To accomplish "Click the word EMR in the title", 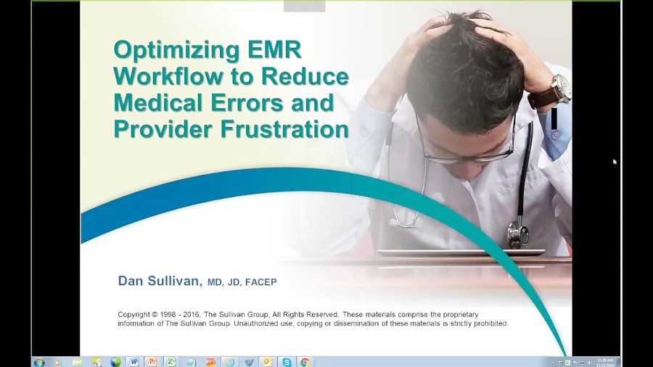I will point(274,50).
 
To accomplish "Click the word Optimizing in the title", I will point(176,51).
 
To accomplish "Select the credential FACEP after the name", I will point(260,282).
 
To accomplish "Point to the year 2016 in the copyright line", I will point(192,315).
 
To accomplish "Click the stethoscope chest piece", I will point(517,234).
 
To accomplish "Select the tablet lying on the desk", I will point(461,253).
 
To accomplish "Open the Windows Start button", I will point(39,362).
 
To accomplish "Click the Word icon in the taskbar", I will point(134,362).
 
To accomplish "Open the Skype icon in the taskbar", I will point(287,362).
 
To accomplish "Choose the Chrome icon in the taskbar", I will point(305,362).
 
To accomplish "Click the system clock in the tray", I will point(605,362).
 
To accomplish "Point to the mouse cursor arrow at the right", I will point(615,162).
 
